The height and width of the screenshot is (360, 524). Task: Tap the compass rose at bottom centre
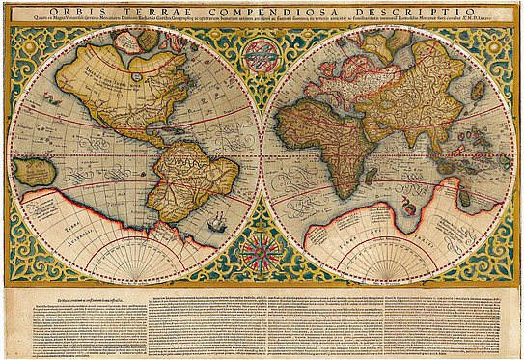[261, 253]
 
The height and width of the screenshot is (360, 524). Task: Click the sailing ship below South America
[219, 225]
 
